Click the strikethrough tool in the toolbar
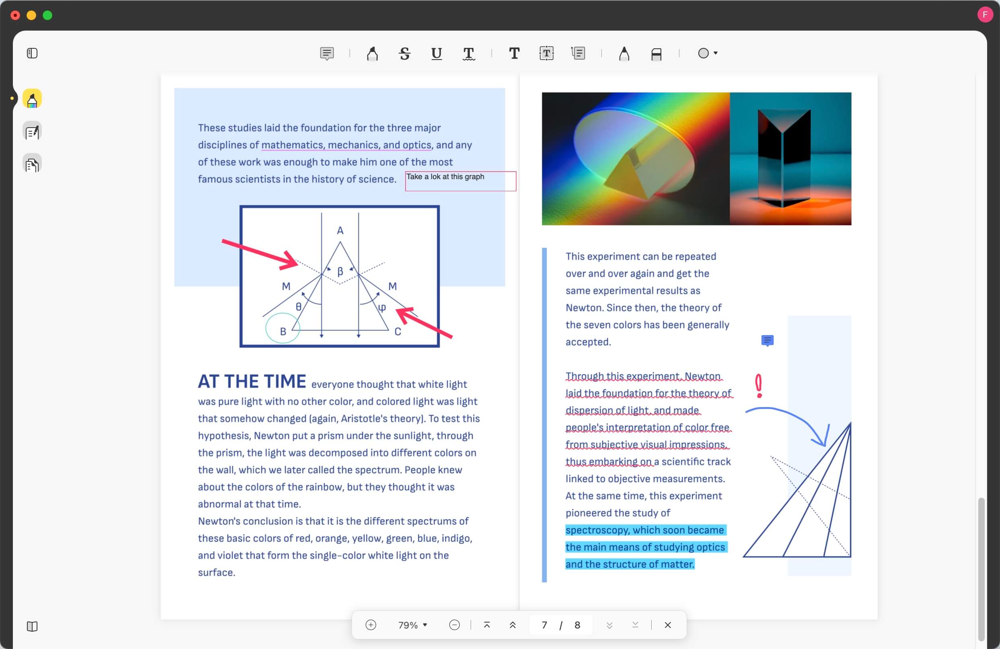click(404, 54)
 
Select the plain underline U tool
click(436, 54)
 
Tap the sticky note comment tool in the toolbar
click(327, 54)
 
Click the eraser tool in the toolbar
click(656, 54)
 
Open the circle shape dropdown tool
click(708, 53)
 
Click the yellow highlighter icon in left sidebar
click(32, 99)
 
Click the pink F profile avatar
click(985, 15)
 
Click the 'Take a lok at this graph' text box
click(461, 181)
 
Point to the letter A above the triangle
click(340, 231)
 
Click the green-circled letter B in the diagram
click(283, 331)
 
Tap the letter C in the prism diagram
click(397, 332)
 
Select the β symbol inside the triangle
click(340, 271)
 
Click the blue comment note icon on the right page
click(767, 340)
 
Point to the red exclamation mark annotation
click(758, 386)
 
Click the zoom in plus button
click(370, 625)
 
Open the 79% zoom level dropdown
click(413, 625)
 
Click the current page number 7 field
click(544, 625)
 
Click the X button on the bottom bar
click(668, 625)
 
